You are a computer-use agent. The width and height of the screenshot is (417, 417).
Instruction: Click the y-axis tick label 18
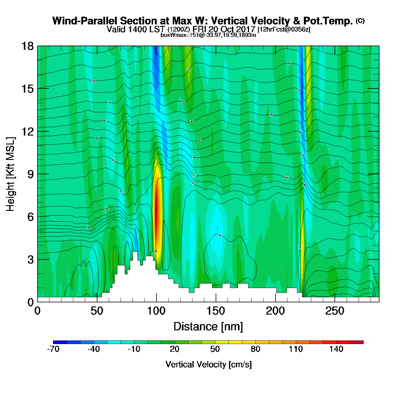point(27,46)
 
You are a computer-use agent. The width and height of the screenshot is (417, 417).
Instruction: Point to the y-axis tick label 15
point(27,89)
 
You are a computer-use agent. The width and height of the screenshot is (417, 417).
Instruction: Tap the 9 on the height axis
point(30,174)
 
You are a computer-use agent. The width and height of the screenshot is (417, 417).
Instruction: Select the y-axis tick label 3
point(30,259)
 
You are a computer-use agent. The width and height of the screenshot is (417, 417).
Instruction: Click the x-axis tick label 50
point(97,311)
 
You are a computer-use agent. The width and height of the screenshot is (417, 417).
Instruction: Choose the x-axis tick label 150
point(216,311)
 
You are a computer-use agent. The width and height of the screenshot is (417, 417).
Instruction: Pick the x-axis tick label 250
point(335,311)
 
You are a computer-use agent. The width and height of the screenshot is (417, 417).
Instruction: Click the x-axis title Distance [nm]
point(208,327)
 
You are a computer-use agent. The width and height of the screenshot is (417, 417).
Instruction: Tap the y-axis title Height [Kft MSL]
point(10,174)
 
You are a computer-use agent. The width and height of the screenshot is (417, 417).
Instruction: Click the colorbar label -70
point(53,349)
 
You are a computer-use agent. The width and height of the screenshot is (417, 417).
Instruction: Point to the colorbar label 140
point(336,349)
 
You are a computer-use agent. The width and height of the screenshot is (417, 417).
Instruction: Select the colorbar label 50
point(215,349)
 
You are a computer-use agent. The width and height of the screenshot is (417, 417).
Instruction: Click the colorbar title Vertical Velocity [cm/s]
point(208,364)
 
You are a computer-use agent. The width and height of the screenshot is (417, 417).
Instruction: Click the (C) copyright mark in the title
point(360,21)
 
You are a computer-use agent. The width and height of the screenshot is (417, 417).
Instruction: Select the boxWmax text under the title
point(208,35)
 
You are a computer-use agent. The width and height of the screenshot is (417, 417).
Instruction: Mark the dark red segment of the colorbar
point(357,342)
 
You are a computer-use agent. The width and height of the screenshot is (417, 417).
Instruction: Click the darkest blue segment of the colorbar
point(60,342)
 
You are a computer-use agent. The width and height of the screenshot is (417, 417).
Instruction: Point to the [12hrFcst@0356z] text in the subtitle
point(284,29)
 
